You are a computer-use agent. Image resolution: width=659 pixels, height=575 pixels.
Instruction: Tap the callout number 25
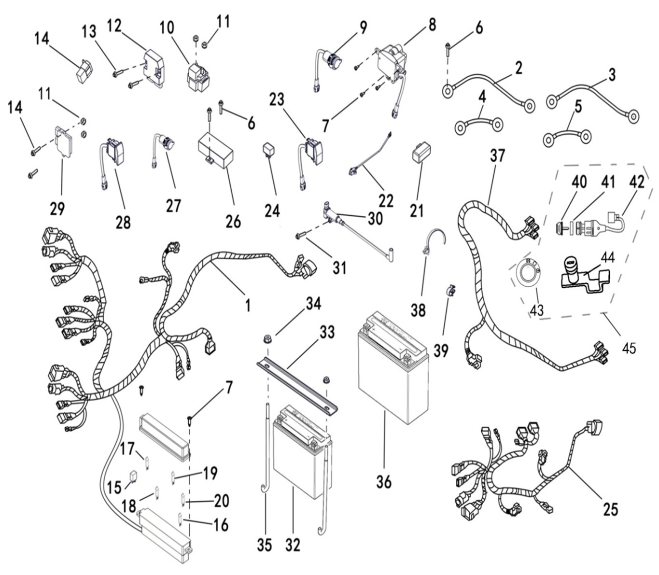(610, 509)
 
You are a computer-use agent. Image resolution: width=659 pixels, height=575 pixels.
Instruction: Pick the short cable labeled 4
(478, 126)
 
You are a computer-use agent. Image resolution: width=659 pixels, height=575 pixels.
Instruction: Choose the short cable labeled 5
(567, 137)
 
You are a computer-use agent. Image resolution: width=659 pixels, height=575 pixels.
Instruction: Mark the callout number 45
(629, 347)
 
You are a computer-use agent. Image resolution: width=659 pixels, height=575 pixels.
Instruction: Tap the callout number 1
(248, 305)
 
